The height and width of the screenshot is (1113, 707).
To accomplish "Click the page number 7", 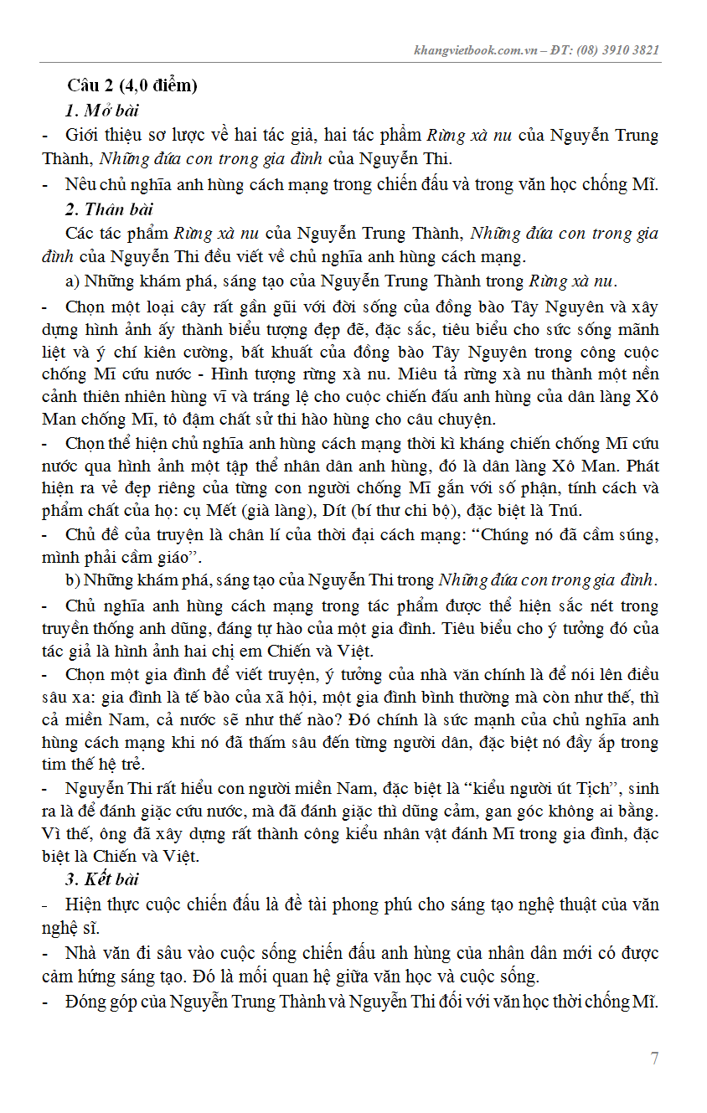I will [x=654, y=1059].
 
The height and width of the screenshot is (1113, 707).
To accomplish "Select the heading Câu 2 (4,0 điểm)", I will [x=132, y=86].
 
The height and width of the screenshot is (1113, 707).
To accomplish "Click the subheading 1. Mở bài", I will [x=101, y=111].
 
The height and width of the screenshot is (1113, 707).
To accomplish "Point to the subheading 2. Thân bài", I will [x=108, y=209].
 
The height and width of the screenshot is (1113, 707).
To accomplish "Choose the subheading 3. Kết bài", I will [x=102, y=879].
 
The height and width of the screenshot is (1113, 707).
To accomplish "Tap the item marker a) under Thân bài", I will [x=72, y=281].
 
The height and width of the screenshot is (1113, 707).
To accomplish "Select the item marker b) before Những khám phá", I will [x=72, y=580].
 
